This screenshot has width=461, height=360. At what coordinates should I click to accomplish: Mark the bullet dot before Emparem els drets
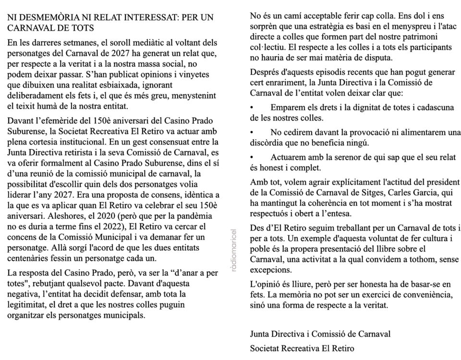[253, 107]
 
